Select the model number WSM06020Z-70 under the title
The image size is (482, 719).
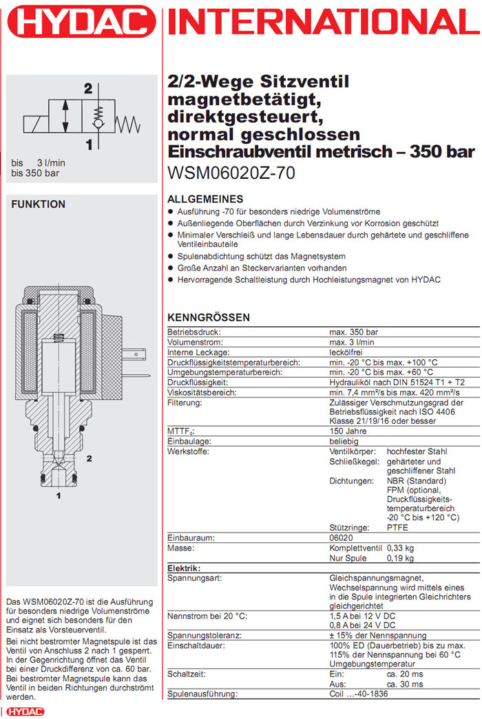231,173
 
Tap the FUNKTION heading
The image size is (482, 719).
38,204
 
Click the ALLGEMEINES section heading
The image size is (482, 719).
205,199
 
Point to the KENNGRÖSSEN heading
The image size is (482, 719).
209,317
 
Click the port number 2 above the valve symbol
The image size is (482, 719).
87,89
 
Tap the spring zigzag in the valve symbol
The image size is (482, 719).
128,124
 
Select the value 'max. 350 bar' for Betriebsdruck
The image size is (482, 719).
353,332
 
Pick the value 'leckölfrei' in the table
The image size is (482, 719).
346,352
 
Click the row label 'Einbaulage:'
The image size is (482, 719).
189,441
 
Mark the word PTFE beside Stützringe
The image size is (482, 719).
397,528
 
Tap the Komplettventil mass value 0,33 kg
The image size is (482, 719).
400,548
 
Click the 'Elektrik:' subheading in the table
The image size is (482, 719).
184,568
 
